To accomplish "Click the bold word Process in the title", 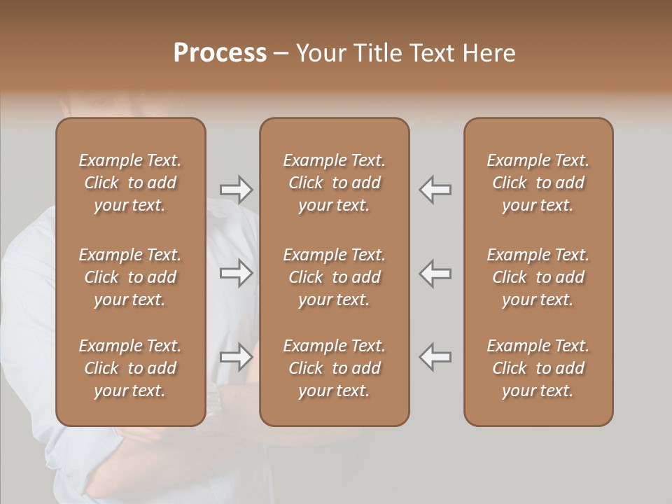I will (x=220, y=53).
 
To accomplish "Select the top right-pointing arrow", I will (x=236, y=189).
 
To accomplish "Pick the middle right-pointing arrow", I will (x=236, y=273).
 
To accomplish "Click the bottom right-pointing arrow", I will (x=236, y=357).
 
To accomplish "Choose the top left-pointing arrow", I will (x=435, y=189).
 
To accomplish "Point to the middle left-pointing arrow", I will (x=435, y=273).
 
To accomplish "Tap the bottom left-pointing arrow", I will (x=435, y=357).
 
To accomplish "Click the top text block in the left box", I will (x=130, y=183).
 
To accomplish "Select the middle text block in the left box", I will (x=130, y=277).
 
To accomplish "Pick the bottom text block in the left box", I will (x=130, y=368).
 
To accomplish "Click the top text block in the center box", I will (x=334, y=183).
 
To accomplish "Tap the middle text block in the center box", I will (x=334, y=277).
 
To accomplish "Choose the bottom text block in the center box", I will (x=334, y=368).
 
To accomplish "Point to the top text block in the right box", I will (x=538, y=183).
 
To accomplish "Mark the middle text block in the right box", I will (x=538, y=277).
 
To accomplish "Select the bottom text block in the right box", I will (x=538, y=368).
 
